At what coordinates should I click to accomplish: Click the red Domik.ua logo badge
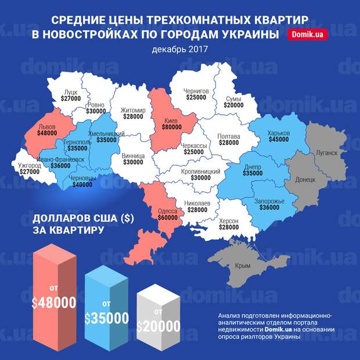[x=308, y=35]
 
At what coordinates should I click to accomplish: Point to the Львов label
[x=46, y=125]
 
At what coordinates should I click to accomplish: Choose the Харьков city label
[x=279, y=133]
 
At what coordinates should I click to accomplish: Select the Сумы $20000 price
[x=235, y=105]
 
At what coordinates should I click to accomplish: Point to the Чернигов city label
[x=196, y=91]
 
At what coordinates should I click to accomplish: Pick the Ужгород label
[x=30, y=165]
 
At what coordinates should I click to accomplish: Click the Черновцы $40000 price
[x=82, y=185]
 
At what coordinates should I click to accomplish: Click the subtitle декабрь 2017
[x=179, y=49]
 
